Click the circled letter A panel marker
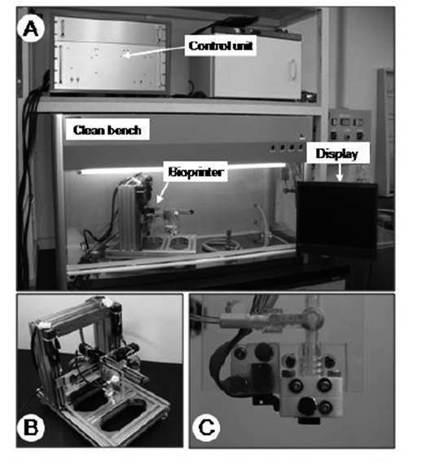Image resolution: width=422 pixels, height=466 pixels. tap(31, 29)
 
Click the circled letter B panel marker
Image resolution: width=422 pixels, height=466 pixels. tap(31, 428)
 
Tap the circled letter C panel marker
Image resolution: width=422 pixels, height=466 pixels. tap(206, 428)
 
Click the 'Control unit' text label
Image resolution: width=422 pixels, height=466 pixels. tap(221, 46)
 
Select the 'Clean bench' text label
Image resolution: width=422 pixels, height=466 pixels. tap(108, 130)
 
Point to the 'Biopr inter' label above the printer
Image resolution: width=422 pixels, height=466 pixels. tap(196, 172)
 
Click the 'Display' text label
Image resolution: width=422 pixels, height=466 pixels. tap(336, 154)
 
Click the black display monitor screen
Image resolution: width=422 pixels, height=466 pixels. tap(337, 218)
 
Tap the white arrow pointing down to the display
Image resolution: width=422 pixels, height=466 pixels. tap(340, 172)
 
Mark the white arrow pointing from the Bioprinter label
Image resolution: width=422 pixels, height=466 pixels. tap(162, 192)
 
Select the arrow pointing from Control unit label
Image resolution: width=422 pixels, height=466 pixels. tap(155, 51)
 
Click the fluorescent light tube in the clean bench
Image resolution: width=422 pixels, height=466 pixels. tap(182, 168)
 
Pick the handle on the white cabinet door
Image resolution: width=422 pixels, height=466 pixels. tap(292, 69)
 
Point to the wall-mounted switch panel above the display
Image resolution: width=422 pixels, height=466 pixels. tap(349, 127)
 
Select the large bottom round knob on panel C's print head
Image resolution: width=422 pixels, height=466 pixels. tap(306, 406)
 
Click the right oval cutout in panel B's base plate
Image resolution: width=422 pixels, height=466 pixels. tap(123, 415)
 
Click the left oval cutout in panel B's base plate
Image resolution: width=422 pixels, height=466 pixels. tap(88, 398)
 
